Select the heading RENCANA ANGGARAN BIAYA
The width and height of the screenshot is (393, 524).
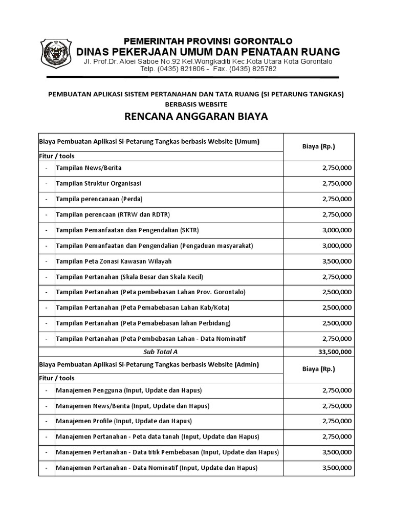click(x=196, y=116)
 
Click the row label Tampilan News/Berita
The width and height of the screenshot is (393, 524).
click(x=89, y=168)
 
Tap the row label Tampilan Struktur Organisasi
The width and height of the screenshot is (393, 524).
click(x=98, y=183)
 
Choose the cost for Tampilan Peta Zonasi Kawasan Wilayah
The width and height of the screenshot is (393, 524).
click(x=337, y=261)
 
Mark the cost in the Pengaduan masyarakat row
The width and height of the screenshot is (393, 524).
click(x=337, y=246)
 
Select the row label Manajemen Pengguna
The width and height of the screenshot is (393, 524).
click(x=128, y=390)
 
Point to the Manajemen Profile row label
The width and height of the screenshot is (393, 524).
click(x=123, y=421)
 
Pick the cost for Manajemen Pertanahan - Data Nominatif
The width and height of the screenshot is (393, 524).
click(x=337, y=468)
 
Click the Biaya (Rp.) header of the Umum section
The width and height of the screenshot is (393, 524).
click(x=319, y=146)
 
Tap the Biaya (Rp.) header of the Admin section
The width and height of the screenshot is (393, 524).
click(x=319, y=368)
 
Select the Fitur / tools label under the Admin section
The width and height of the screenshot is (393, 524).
click(x=56, y=378)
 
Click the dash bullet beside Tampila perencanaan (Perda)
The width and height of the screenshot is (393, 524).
click(x=46, y=199)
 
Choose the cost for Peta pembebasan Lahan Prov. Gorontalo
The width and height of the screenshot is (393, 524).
click(x=337, y=292)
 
